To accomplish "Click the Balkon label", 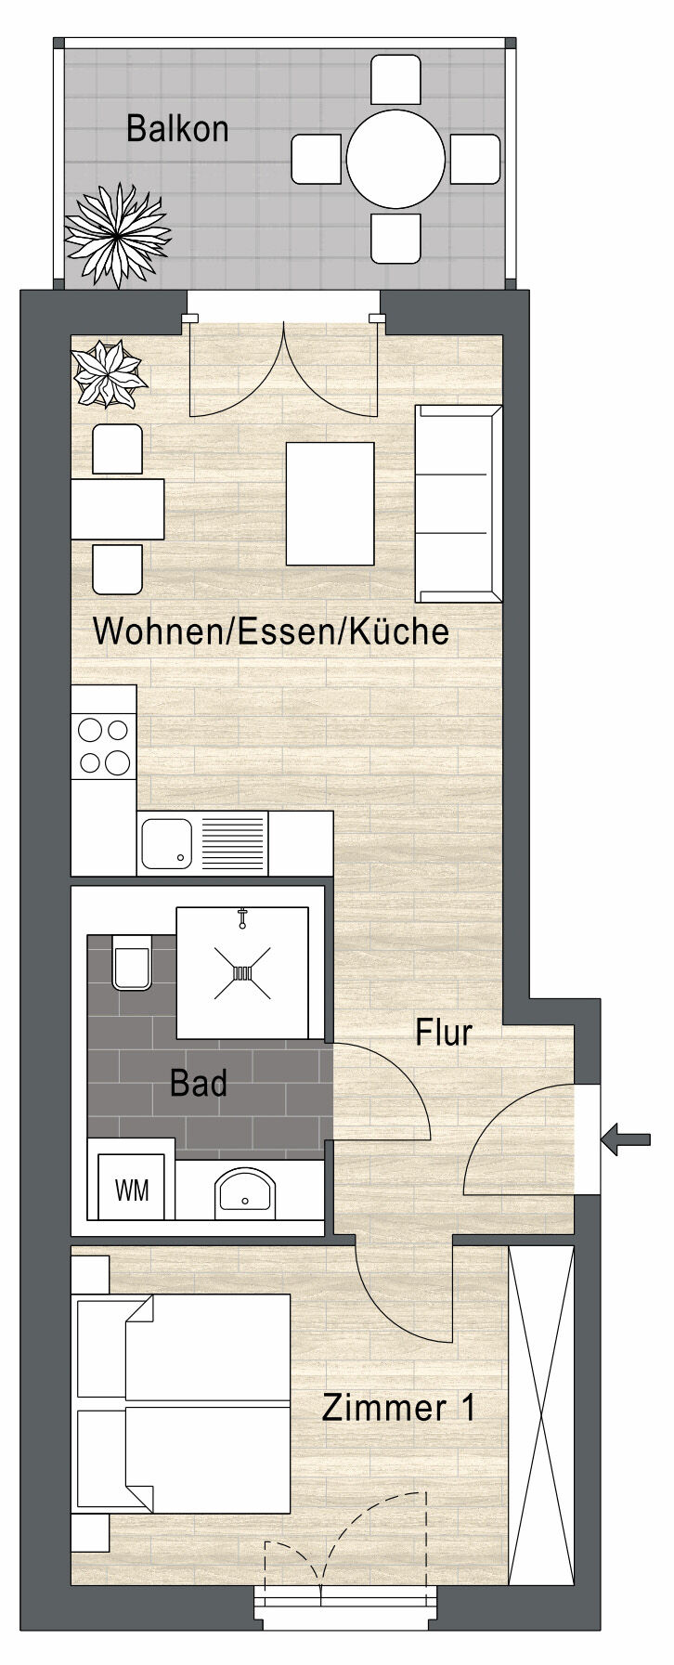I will (x=177, y=129).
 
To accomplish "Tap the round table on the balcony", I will (x=395, y=159).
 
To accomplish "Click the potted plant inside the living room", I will (x=110, y=373).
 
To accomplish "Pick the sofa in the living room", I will (x=459, y=502).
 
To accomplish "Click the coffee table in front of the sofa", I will (x=330, y=503).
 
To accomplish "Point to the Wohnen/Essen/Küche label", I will (x=271, y=632).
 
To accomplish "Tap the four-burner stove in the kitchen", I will (x=104, y=746).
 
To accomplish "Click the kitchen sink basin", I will (x=167, y=843).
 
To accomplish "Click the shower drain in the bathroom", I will (x=242, y=973).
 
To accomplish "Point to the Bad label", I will (x=199, y=1084).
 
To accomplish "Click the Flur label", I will (x=444, y=1033).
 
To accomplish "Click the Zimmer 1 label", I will (x=399, y=1408).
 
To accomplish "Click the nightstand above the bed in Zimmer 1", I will (x=90, y=1272).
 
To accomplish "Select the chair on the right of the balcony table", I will (x=475, y=159).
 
